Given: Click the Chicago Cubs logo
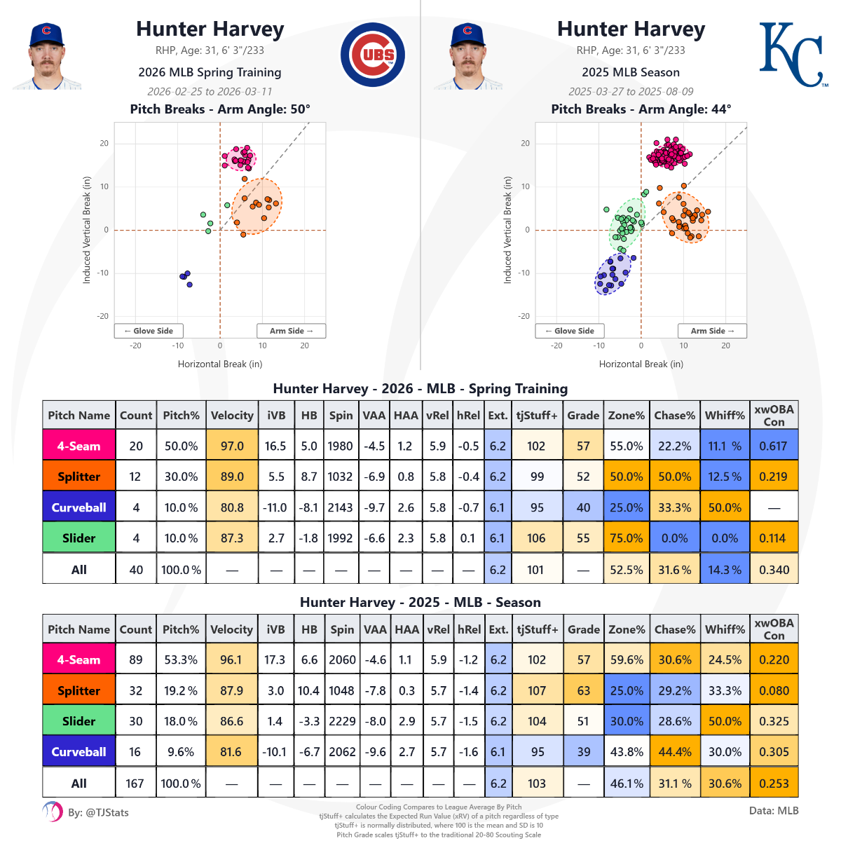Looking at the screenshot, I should point(372,55).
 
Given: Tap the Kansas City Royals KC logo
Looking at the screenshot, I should point(792,55).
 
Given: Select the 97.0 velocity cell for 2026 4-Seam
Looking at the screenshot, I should point(232,446).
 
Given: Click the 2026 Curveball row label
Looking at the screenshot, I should point(79,507).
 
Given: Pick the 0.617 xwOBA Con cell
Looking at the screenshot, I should point(774,446).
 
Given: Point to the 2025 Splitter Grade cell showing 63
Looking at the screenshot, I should point(583,690).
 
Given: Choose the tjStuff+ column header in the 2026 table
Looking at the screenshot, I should point(537,415).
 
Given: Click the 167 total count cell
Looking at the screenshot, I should point(135,783).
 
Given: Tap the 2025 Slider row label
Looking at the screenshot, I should point(79,721).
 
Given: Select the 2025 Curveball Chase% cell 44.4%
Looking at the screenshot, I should point(674,752).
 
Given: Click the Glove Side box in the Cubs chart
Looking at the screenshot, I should point(149,331).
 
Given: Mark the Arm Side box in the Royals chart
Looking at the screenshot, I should point(712,331).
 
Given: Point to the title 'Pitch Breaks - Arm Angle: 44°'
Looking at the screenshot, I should point(641,109).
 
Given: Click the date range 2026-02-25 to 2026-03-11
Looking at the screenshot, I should point(210,92).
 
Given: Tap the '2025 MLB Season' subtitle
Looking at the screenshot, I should point(630,72).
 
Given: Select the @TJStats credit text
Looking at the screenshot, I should point(98,813).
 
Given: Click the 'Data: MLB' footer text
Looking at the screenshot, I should point(774,811).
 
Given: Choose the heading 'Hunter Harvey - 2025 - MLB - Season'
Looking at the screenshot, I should point(420,603).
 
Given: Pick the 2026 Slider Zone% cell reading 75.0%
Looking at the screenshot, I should point(626,538).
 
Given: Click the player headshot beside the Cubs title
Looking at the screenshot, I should point(46,56).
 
